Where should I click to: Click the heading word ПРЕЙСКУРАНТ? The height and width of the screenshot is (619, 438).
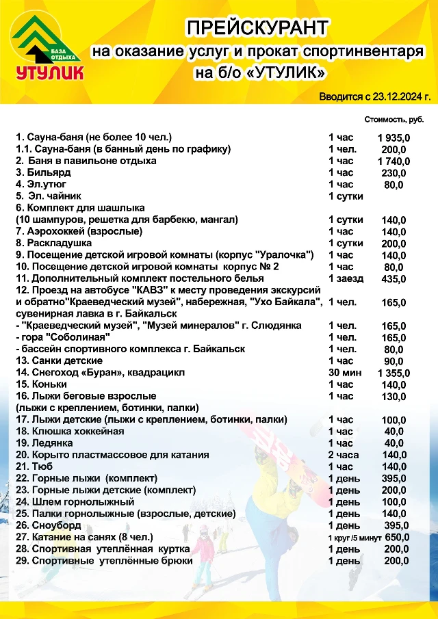[258, 28]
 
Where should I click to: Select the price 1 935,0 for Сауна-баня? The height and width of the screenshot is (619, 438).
[394, 137]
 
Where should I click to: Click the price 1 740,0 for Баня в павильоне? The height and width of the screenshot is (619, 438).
[394, 161]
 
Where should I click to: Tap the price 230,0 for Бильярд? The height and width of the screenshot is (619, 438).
[394, 173]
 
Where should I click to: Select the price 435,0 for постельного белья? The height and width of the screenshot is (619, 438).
[394, 278]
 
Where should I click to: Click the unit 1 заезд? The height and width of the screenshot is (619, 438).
[346, 278]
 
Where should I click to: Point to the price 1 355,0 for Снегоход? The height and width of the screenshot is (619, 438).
[394, 373]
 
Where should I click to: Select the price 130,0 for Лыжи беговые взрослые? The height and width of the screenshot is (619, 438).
[394, 396]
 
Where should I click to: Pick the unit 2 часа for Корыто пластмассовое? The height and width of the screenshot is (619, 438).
[343, 455]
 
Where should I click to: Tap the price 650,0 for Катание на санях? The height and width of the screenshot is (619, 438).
[397, 537]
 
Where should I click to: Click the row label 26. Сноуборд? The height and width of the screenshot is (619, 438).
[49, 525]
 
